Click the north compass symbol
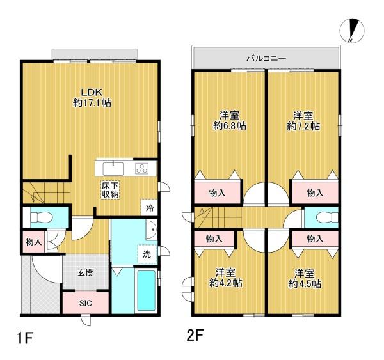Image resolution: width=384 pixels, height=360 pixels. pyautogui.click(x=352, y=31)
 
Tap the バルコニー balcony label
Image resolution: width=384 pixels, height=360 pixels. pyautogui.click(x=266, y=58)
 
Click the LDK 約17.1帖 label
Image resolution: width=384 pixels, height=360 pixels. pyautogui.click(x=92, y=97)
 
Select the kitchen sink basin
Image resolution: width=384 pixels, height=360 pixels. pyautogui.click(x=113, y=169)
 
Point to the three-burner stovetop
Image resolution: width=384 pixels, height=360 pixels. pyautogui.click(x=142, y=168)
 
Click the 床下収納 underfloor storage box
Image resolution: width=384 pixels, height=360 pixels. pyautogui.click(x=110, y=190)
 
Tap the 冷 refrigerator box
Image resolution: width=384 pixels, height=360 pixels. pyautogui.click(x=150, y=208)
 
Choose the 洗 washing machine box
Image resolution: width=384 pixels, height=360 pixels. pyautogui.click(x=147, y=254)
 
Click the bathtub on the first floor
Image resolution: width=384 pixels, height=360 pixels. pyautogui.click(x=147, y=290)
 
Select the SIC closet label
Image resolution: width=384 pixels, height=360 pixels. pyautogui.click(x=86, y=303)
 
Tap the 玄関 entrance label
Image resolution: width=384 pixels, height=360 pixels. pyautogui.click(x=86, y=272)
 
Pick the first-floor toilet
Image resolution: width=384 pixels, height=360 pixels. pyautogui.click(x=42, y=217)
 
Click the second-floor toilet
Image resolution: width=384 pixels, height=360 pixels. pyautogui.click(x=327, y=217)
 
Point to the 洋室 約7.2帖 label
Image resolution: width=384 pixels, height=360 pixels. pyautogui.click(x=303, y=121)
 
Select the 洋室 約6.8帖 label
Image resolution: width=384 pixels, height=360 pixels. pyautogui.click(x=230, y=120)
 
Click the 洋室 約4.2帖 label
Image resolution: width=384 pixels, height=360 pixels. pyautogui.click(x=225, y=278)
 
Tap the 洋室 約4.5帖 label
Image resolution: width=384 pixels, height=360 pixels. pyautogui.click(x=305, y=278)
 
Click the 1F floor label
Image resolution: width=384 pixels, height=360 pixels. pyautogui.click(x=25, y=338)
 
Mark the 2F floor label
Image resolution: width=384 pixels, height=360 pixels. pyautogui.click(x=195, y=336)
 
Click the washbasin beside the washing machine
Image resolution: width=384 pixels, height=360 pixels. pyautogui.click(x=152, y=230)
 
